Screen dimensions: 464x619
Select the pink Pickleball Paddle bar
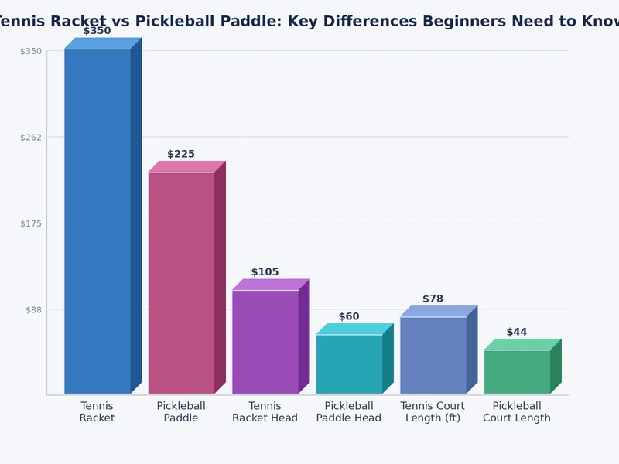tap(181, 282)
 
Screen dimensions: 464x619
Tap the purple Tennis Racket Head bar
tap(265, 342)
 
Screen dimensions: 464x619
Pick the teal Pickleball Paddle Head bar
tap(349, 363)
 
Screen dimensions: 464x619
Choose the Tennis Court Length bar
tap(433, 355)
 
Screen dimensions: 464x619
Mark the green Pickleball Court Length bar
tap(517, 371)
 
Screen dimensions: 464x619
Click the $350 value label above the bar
tap(97, 31)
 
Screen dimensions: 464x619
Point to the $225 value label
tap(181, 155)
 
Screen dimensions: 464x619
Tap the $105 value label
tap(265, 272)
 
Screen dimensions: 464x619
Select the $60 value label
tap(349, 317)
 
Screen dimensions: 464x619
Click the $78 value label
tap(433, 299)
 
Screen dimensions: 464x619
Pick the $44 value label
tap(517, 333)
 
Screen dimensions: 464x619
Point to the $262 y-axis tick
tap(31, 137)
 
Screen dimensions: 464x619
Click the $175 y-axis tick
tap(31, 223)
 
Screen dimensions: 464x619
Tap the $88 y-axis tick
tap(32, 309)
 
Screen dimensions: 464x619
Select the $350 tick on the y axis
tap(31, 51)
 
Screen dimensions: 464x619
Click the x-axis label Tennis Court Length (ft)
tap(433, 412)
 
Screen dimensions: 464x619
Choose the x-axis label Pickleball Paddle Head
tap(349, 412)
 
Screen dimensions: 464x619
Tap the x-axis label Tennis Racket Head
tap(265, 412)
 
